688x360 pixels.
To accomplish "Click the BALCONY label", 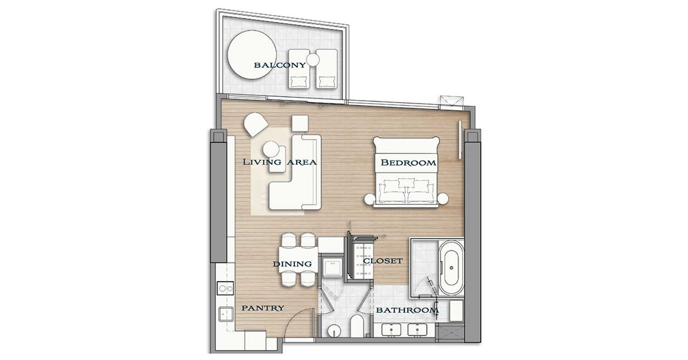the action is pos(280,65).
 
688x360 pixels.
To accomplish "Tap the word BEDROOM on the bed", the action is pos(408,162).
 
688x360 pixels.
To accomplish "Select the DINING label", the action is pos(293,264).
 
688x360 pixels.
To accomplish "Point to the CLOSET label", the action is pos(383,261).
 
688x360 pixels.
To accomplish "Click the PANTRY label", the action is pos(263,308).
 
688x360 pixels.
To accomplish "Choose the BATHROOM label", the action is pos(408,310).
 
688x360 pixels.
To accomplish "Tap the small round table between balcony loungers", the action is pos(313,60).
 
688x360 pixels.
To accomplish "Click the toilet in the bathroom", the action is pos(357,326).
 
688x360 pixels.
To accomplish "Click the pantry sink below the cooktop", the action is pos(226,314).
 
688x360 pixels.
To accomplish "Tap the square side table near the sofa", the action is pos(300,123).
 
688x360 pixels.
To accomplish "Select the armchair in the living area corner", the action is pos(255,124).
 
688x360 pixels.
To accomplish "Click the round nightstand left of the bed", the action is pos(370,199).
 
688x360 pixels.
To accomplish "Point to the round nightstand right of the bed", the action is pos(443,199).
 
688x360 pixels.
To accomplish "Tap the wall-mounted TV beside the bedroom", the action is pos(460,139).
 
